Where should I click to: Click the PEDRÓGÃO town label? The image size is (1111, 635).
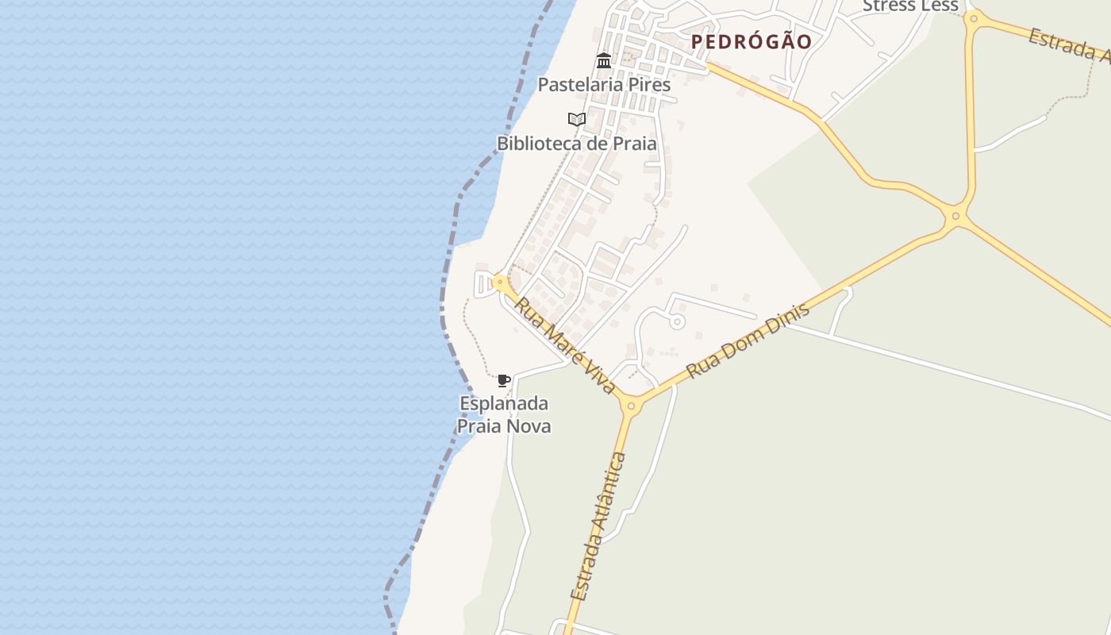(x=751, y=42)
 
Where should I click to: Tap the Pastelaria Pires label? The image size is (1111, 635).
(x=604, y=84)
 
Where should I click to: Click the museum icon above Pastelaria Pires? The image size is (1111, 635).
(x=604, y=60)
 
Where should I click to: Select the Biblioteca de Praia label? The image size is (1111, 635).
(x=576, y=144)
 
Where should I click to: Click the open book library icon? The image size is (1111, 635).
(x=577, y=120)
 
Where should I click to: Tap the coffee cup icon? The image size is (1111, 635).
(x=503, y=380)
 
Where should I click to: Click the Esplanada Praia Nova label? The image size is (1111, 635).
(x=504, y=414)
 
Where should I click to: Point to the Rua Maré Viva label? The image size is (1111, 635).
(x=564, y=344)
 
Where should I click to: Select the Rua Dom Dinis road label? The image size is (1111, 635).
(x=748, y=340)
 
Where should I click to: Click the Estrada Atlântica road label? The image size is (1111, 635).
(x=598, y=526)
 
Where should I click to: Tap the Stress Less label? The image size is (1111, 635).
(x=910, y=6)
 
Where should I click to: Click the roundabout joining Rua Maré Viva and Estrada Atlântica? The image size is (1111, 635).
(x=631, y=406)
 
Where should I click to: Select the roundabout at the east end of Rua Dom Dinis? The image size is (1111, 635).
(x=955, y=215)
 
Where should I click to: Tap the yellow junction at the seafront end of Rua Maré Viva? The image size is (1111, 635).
(x=499, y=282)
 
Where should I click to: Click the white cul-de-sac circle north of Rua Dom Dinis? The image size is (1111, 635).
(x=677, y=321)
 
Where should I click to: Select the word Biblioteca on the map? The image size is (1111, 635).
(x=538, y=144)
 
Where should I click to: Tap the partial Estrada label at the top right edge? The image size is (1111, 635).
(x=1070, y=44)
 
